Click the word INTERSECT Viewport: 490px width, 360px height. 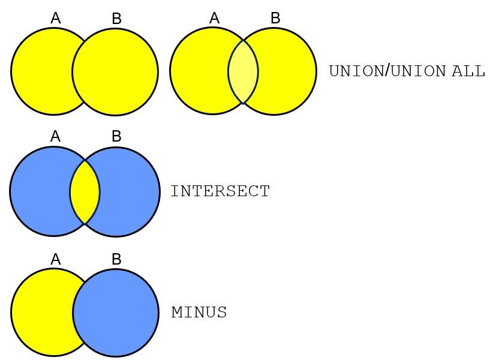coord(220,191)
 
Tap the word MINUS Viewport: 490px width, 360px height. coord(199,312)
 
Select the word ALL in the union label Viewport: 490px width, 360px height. coord(468,71)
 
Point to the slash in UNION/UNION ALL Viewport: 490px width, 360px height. coord(387,71)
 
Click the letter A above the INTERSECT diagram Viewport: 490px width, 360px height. coord(55,136)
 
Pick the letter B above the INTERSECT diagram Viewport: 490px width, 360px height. coord(116,136)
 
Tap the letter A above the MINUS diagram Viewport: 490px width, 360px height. coord(55,259)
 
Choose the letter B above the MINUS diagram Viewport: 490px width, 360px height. coord(116,259)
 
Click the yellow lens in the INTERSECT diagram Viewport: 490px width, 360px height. coord(85,192)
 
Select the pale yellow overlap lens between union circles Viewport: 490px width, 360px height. coord(243,72)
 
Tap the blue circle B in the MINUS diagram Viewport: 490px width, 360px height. coord(116,313)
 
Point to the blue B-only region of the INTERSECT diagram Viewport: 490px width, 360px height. coord(130,192)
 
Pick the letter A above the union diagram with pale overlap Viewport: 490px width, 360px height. coord(214,18)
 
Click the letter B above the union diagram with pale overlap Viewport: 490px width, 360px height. coord(275,18)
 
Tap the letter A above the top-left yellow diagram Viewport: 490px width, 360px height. coord(55,18)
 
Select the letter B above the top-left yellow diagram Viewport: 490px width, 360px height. coord(116,19)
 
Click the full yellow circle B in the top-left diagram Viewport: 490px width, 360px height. coord(116,72)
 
